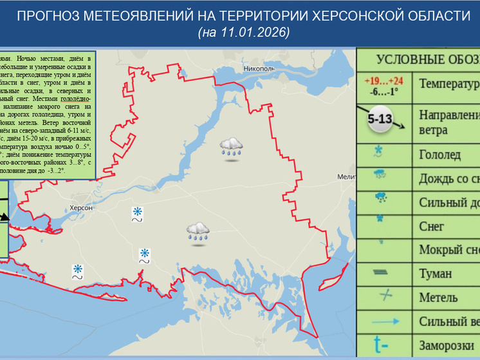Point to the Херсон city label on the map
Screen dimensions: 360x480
pos(82,208)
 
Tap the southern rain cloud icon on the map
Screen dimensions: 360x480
pos(198,231)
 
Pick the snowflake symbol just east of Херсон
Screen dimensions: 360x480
pos(137,212)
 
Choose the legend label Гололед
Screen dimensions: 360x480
pos(439,154)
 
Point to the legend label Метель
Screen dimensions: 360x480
pos(438,297)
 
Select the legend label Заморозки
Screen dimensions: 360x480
pos(447,344)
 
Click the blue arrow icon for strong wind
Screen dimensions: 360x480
pos(385,321)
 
